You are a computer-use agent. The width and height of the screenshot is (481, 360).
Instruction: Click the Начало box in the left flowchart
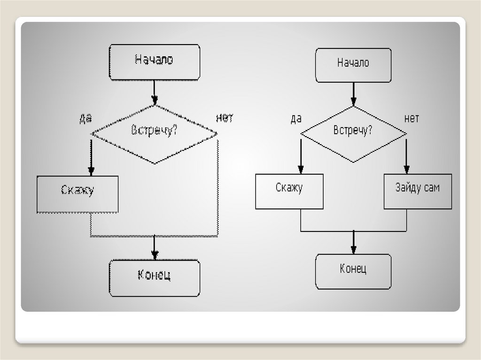pos(155,61)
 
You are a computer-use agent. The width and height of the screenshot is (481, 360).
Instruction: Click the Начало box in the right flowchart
pos(353,65)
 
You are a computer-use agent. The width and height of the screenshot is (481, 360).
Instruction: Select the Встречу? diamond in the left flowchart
pos(155,134)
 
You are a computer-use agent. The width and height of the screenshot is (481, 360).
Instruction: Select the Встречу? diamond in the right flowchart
pos(353,134)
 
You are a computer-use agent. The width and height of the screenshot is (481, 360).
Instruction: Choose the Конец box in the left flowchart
pos(155,278)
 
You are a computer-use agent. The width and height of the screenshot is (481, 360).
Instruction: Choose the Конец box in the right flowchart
pos(353,272)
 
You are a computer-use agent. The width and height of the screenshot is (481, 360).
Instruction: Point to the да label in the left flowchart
pos(85,119)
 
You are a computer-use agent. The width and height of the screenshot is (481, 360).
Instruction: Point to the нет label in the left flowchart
pos(225,118)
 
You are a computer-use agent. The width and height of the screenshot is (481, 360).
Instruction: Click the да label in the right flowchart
pos(296,119)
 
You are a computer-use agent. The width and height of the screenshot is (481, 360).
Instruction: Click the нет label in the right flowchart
pos(411,118)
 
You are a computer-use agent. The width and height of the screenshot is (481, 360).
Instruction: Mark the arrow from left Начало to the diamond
pos(155,92)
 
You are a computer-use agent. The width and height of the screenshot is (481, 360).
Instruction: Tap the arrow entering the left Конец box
pos(155,248)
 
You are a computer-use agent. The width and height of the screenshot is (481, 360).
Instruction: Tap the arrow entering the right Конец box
pos(353,242)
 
